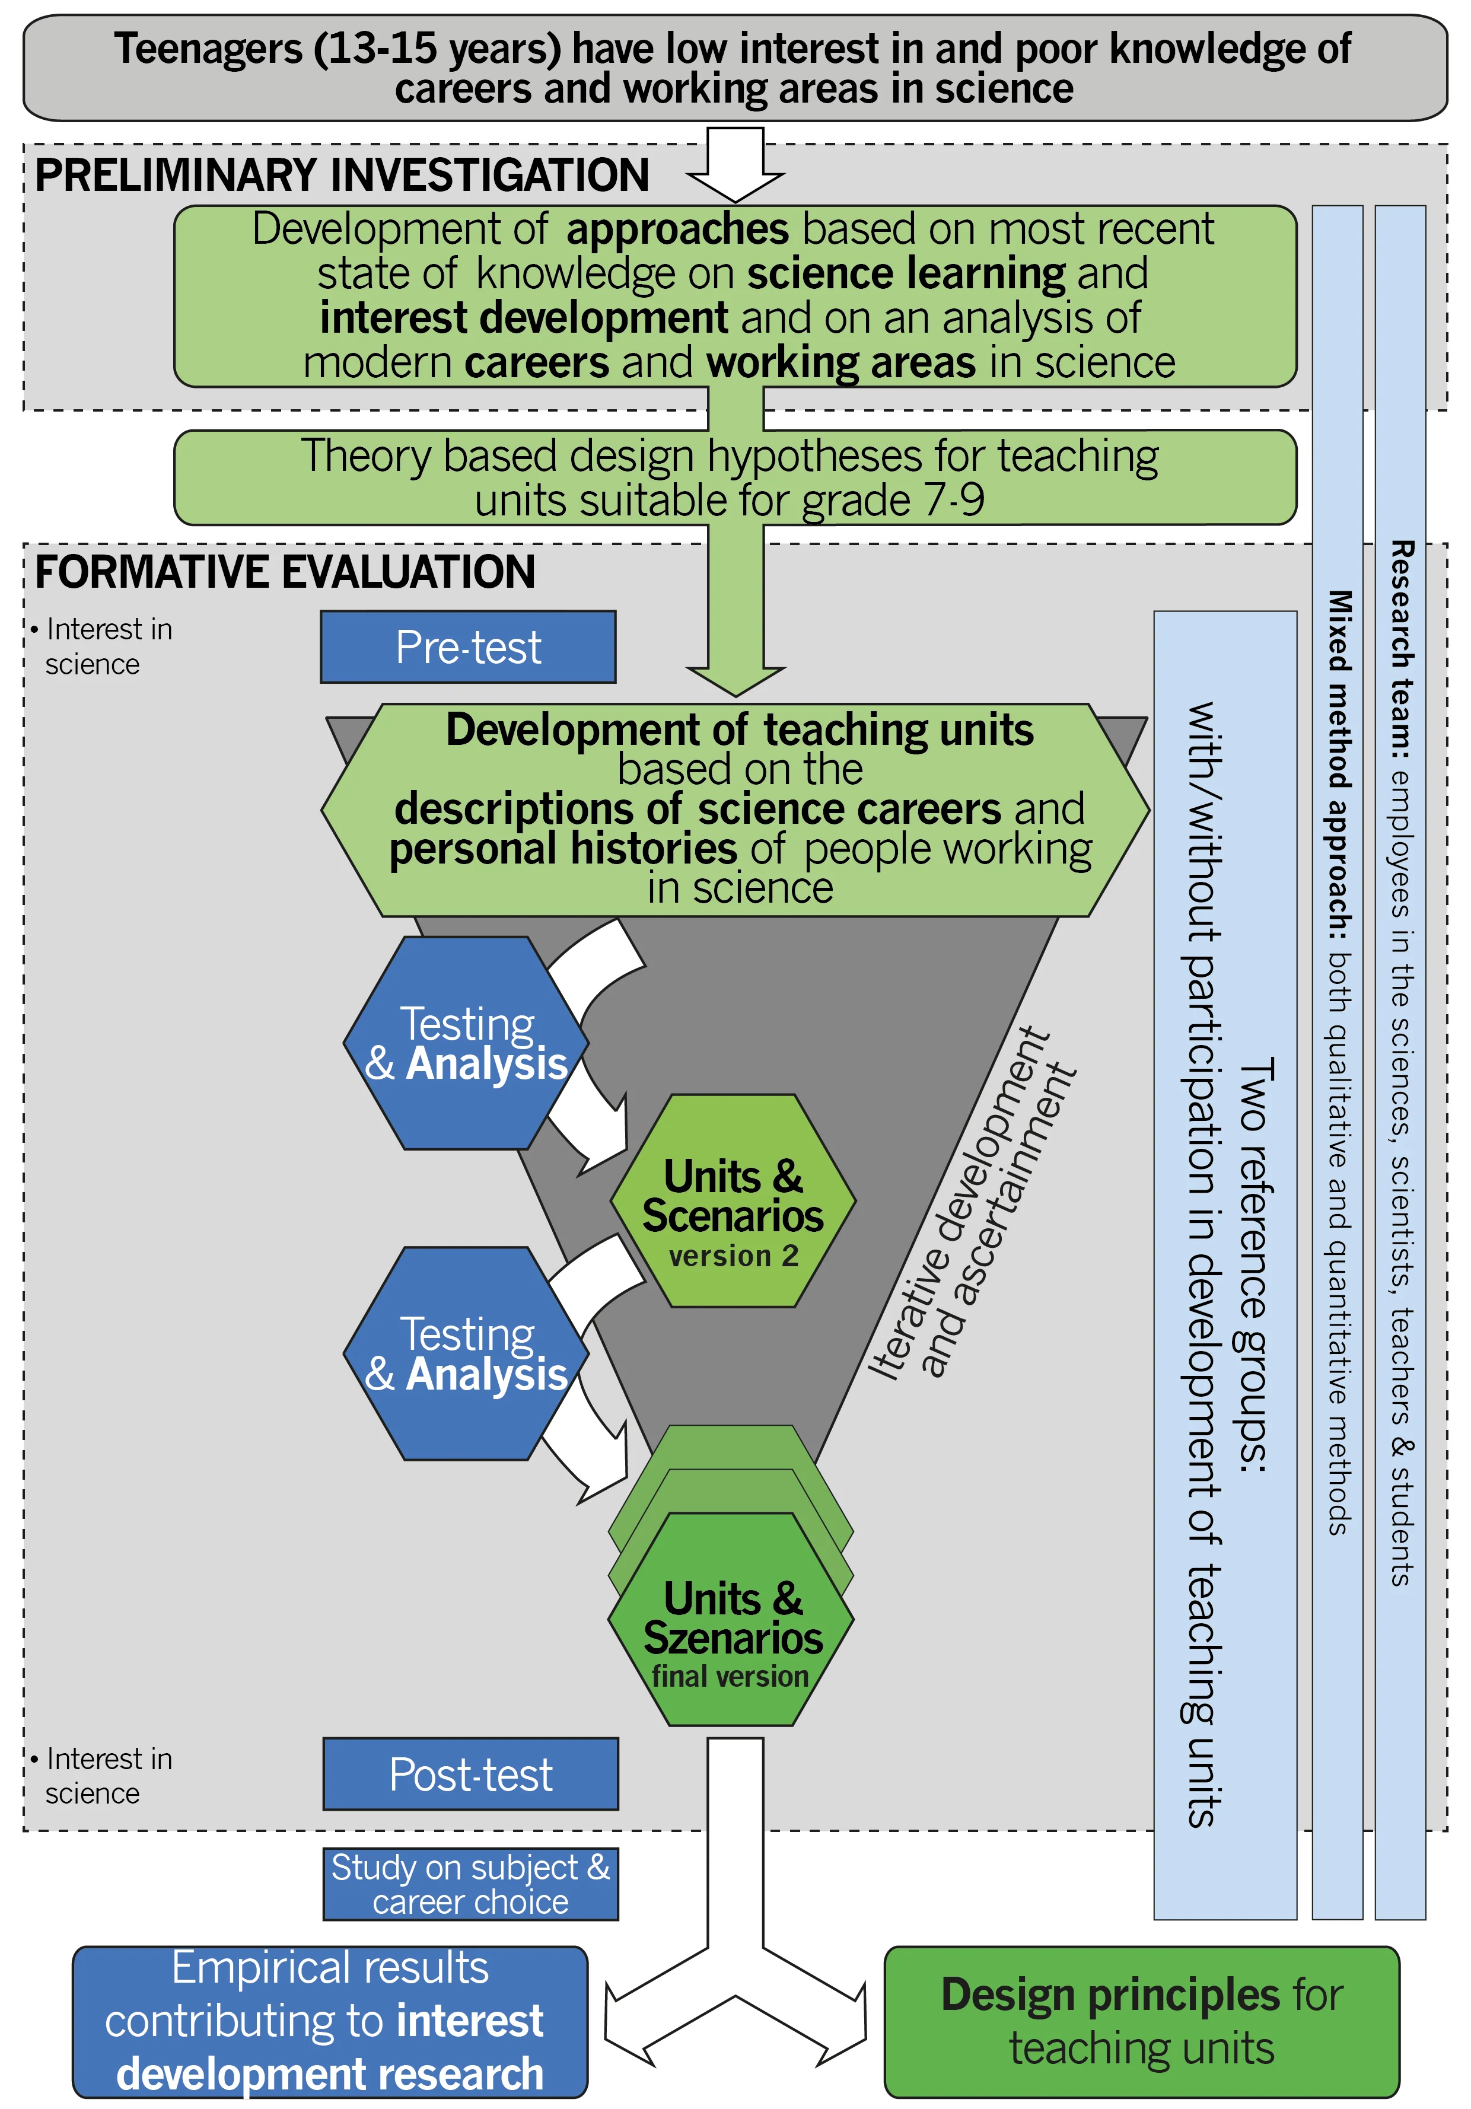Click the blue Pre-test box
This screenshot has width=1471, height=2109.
point(467,646)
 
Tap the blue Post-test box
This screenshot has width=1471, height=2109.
point(470,1774)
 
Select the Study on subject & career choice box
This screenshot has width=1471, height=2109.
point(470,1884)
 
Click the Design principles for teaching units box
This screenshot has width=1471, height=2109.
point(1141,2021)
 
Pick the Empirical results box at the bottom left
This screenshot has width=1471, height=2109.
point(330,2021)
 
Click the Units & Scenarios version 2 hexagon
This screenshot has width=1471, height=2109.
point(733,1200)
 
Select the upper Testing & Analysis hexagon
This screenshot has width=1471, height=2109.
point(466,1043)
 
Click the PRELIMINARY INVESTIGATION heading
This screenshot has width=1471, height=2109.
point(342,176)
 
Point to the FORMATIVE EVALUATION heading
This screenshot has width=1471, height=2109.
point(285,572)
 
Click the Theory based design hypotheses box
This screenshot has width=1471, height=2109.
point(735,477)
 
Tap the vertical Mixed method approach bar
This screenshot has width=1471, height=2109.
point(1338,1056)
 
